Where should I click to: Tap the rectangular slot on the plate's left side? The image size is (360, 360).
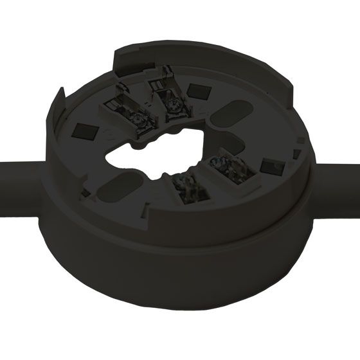tap(82, 132)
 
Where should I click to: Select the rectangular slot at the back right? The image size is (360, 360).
tap(195, 89)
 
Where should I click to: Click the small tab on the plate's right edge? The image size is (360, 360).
tap(296, 154)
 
